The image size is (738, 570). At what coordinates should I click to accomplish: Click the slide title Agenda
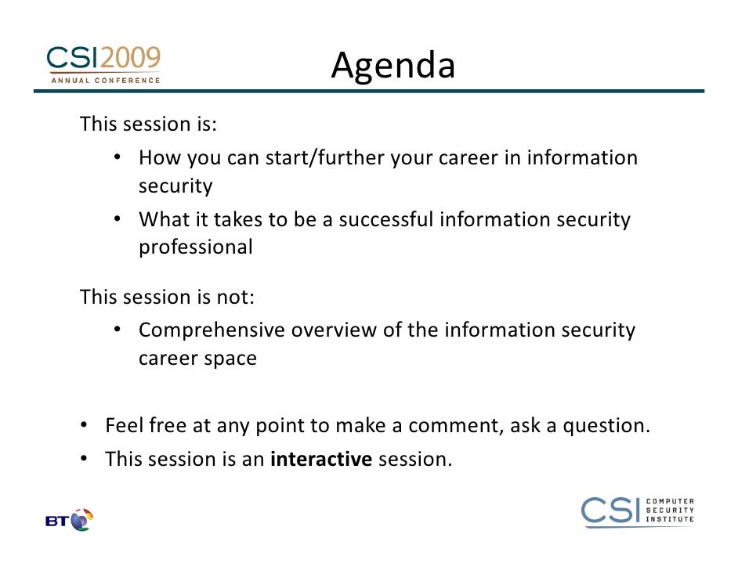tap(393, 65)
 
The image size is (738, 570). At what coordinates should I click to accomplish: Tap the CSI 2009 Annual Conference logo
tap(103, 65)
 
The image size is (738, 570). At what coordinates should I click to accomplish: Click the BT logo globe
tap(81, 520)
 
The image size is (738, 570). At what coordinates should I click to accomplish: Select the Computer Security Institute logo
tap(637, 512)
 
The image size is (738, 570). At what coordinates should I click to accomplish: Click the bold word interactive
tap(321, 459)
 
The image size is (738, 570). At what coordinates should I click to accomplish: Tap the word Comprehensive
tap(212, 330)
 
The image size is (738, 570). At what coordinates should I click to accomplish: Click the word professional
tap(196, 247)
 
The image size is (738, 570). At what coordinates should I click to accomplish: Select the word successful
tap(386, 219)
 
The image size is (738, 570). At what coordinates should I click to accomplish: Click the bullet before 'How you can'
tap(118, 157)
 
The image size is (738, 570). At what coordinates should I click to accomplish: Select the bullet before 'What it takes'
tap(118, 218)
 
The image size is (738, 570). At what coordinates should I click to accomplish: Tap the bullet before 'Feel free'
tap(84, 424)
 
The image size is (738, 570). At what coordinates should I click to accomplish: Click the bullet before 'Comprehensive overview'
tap(118, 329)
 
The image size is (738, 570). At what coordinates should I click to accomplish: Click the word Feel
tap(124, 425)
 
